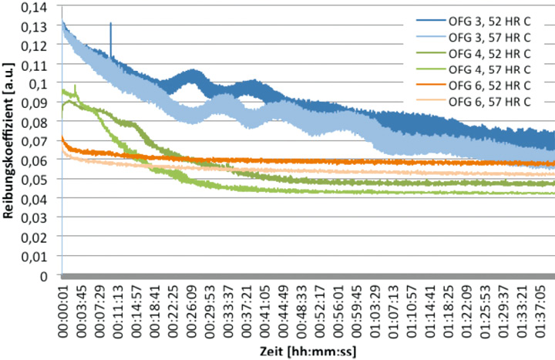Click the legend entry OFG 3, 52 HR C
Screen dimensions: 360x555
tap(488, 22)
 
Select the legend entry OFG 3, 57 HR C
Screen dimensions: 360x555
tap(488, 38)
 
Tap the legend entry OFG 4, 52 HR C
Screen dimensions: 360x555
tap(488, 53)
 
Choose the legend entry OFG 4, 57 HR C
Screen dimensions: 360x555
tap(488, 69)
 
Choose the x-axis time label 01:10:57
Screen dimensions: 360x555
tap(413, 311)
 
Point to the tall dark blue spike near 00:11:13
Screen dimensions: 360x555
tap(111, 35)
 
